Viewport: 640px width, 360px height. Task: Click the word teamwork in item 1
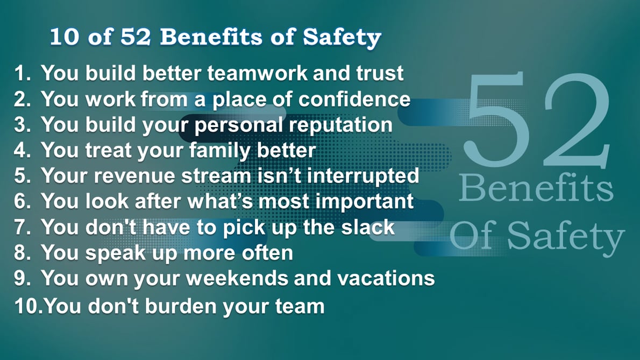258,73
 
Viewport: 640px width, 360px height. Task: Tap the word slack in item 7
369,227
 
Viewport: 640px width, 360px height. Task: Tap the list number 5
22,176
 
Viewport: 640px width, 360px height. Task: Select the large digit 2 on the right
575,121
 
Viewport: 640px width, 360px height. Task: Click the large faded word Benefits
536,190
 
